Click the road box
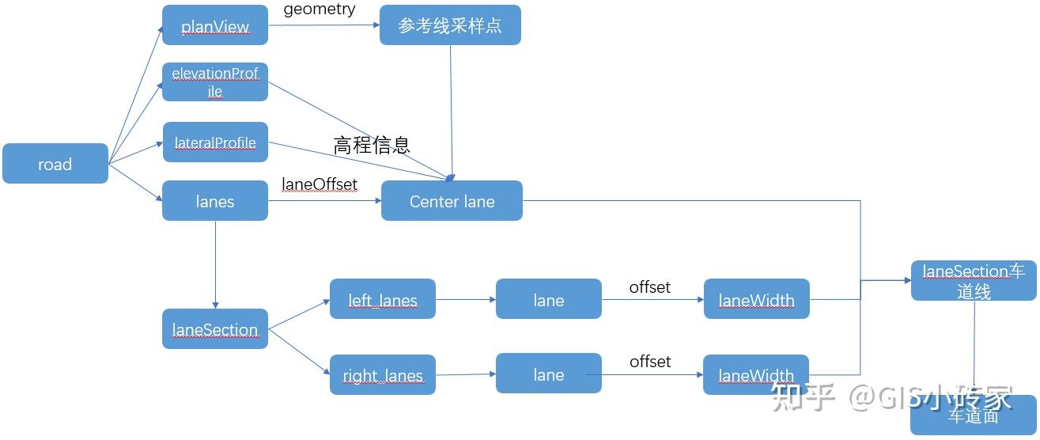(x=55, y=164)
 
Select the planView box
(x=215, y=26)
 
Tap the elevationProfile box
(x=215, y=82)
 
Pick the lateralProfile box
(x=215, y=142)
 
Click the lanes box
(x=215, y=201)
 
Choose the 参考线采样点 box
(x=450, y=25)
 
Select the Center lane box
(x=452, y=201)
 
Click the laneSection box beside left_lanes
(x=215, y=329)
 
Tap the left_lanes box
(x=383, y=299)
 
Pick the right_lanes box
(x=383, y=375)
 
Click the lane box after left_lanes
(x=548, y=299)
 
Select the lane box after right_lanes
(x=548, y=374)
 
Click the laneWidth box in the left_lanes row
(x=756, y=299)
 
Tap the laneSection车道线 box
(x=974, y=281)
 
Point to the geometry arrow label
(x=319, y=9)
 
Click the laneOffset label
(x=320, y=184)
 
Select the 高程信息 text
(x=372, y=145)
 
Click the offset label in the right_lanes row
(x=650, y=361)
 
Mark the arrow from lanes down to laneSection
(x=215, y=264)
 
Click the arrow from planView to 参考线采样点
(x=324, y=25)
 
